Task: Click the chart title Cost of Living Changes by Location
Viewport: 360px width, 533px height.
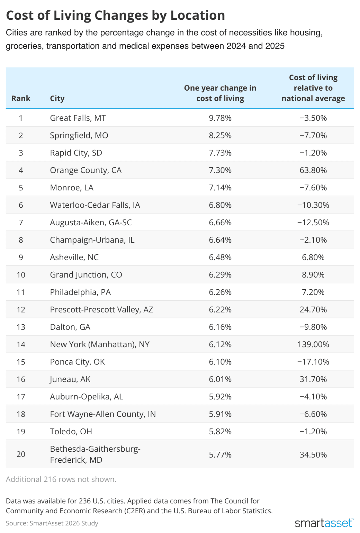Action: tap(115, 15)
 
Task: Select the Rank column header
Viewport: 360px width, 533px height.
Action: tap(21, 98)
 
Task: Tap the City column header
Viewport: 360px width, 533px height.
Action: tap(57, 98)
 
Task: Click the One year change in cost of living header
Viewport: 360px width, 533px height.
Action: tap(220, 93)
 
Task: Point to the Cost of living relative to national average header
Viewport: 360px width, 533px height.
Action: tap(313, 88)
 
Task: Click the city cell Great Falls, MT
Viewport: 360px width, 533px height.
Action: tap(78, 118)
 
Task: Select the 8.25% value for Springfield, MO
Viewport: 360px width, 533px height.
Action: tap(220, 135)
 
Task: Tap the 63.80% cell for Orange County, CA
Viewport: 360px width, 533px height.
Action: tap(313, 170)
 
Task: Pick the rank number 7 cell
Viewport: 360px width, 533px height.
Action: tap(21, 222)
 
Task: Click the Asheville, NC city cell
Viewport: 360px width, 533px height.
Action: tap(74, 257)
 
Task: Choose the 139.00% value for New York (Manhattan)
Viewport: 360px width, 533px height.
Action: tap(313, 344)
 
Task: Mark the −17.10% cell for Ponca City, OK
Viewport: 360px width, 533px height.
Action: tap(313, 362)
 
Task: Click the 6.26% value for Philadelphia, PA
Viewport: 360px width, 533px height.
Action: tap(220, 292)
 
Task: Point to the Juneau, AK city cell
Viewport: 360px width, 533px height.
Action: tap(70, 379)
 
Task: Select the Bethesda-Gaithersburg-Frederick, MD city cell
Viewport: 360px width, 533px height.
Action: tap(95, 454)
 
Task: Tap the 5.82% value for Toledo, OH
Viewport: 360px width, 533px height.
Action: tap(220, 431)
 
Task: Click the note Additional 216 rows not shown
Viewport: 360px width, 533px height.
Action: tap(61, 479)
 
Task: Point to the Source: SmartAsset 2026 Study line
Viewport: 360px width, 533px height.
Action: tap(52, 523)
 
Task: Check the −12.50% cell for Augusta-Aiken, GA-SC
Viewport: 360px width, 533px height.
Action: tap(313, 222)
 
